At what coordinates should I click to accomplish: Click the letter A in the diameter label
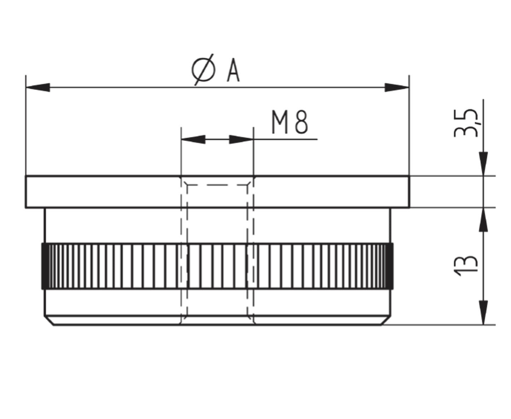pos(233,70)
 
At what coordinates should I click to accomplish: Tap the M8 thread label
pos(290,122)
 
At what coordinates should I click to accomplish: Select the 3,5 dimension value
pos(466,123)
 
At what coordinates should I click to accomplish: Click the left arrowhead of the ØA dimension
pos(38,87)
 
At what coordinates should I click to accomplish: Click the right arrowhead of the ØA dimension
pos(397,87)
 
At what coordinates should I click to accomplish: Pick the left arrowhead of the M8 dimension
pos(193,139)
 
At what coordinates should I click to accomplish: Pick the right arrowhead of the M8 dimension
pos(241,139)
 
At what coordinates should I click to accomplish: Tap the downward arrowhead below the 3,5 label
pos(484,164)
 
